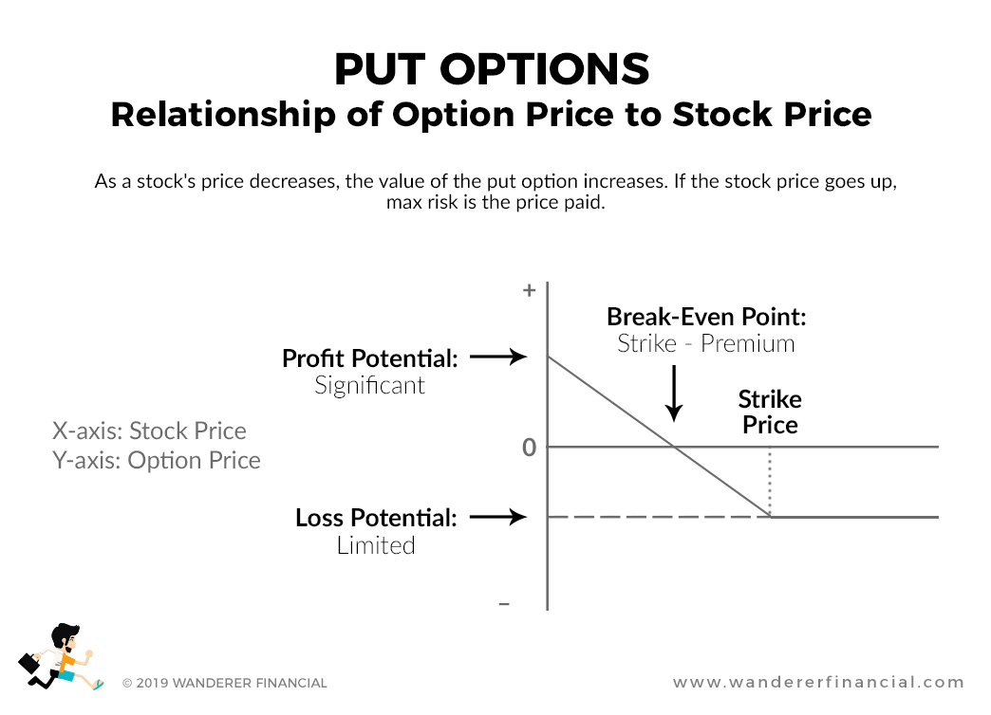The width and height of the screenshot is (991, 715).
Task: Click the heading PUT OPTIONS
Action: [492, 69]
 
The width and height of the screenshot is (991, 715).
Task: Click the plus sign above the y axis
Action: [530, 291]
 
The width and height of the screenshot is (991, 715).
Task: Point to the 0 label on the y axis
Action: [530, 447]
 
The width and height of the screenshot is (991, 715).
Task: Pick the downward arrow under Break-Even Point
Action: [673, 393]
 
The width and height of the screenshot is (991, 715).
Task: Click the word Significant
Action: [369, 386]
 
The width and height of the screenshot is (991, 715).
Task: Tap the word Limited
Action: [376, 545]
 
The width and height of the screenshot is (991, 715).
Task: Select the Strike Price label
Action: [770, 412]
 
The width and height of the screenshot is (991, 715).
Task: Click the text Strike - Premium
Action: [705, 343]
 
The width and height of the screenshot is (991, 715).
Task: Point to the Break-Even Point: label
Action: [706, 317]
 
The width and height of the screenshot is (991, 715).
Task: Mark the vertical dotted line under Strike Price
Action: [770, 482]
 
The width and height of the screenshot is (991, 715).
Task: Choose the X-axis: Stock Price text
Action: [149, 431]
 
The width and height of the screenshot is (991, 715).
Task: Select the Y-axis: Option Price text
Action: [156, 461]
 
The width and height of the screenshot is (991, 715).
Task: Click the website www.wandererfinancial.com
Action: [818, 682]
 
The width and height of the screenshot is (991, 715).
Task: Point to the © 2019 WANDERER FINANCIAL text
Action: [225, 683]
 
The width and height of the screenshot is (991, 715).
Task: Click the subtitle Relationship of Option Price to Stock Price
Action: [491, 115]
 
